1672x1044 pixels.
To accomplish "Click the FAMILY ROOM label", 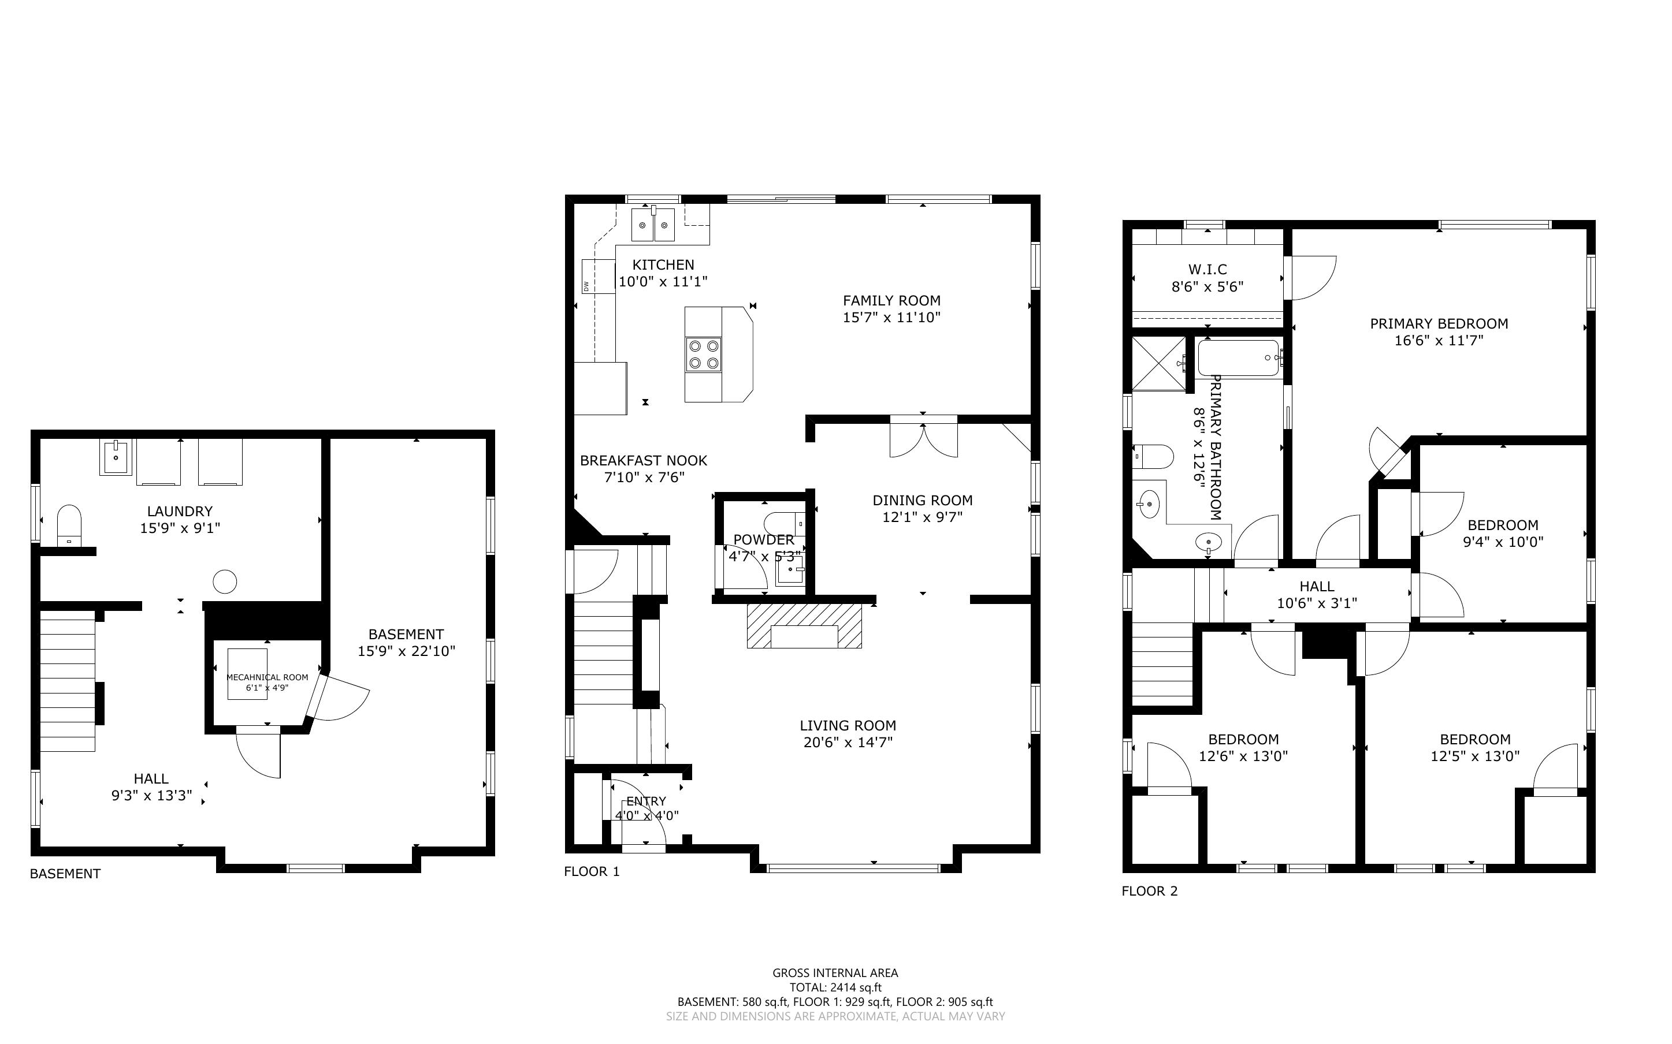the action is [891, 300].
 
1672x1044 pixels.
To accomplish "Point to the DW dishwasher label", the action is [586, 285].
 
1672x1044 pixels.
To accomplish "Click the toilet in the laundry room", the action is [69, 524].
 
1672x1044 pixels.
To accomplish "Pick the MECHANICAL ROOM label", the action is [267, 677].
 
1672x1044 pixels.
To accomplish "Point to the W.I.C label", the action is [1207, 269].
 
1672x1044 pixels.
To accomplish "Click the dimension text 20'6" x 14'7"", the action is [848, 742].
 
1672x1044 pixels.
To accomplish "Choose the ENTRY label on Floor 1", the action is [646, 801].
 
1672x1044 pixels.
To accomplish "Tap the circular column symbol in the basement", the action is [224, 581].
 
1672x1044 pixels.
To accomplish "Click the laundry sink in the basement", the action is [116, 457].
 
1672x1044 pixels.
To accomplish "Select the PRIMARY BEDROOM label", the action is [1439, 323].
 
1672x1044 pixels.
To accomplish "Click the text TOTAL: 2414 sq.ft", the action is [835, 987].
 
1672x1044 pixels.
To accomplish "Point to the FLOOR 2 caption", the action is [1150, 891].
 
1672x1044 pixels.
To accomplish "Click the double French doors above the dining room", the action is [923, 437].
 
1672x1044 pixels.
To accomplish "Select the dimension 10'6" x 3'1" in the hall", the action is [1317, 603].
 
